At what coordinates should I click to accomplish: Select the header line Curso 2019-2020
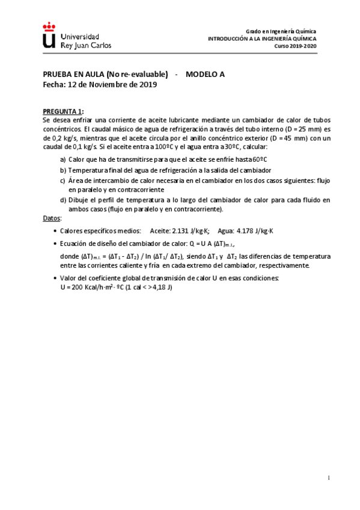295,46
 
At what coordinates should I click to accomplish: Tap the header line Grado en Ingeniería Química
281,31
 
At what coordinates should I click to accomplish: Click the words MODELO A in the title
205,75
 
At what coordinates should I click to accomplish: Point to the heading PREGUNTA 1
63,111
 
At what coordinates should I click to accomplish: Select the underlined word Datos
52,217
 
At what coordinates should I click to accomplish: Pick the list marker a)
63,159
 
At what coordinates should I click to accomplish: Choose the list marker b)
63,170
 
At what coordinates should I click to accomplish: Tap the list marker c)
63,180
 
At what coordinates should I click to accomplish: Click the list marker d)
63,200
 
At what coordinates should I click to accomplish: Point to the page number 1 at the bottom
329,478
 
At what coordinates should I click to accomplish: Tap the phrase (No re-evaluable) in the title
136,75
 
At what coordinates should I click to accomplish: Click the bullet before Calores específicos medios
55,230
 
